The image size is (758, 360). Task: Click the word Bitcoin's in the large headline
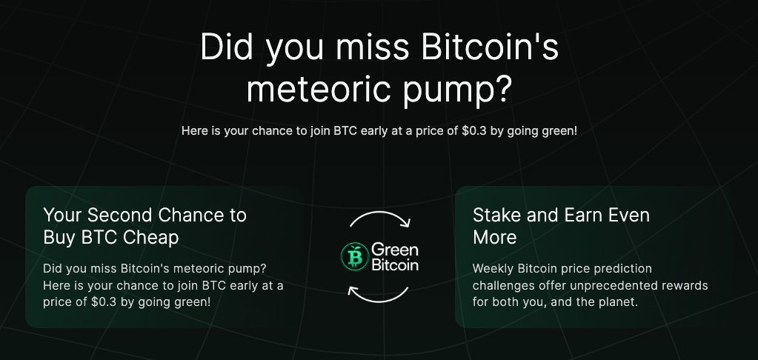490,47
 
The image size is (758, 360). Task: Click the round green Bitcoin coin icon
355,256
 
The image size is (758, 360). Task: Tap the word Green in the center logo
394,250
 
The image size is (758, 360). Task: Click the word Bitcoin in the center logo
395,264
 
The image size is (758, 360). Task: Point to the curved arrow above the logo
380,213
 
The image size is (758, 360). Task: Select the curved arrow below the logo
378,301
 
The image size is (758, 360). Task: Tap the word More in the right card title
494,237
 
